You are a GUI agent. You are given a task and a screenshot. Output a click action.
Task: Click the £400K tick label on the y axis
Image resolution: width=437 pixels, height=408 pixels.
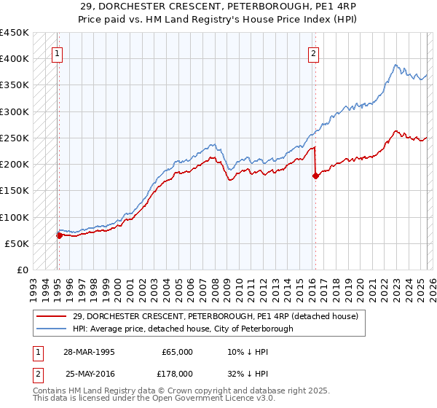tap(15, 59)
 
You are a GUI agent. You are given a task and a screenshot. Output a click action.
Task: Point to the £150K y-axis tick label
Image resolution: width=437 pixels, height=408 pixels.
tap(15, 191)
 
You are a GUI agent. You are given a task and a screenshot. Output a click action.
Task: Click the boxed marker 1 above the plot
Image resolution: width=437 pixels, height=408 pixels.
tap(56, 53)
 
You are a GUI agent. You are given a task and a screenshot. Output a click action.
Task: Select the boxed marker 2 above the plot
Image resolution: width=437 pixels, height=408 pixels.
tap(313, 53)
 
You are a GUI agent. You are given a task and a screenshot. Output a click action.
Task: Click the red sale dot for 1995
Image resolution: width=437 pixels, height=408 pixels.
tap(59, 235)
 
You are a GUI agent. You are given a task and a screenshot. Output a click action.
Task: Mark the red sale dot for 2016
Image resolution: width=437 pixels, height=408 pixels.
tap(315, 176)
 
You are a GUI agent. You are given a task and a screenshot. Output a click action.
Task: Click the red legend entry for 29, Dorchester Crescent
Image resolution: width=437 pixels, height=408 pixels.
tap(215, 317)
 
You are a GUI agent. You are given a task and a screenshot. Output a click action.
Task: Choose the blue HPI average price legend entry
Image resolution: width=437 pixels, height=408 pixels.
tap(182, 329)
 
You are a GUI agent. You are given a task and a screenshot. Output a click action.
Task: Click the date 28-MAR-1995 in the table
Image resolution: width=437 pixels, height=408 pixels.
tap(90, 352)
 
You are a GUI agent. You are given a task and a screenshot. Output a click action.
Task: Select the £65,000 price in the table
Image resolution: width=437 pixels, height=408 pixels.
tap(178, 352)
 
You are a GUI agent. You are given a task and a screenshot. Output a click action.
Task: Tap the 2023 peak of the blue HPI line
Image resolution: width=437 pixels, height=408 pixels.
tap(395, 66)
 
